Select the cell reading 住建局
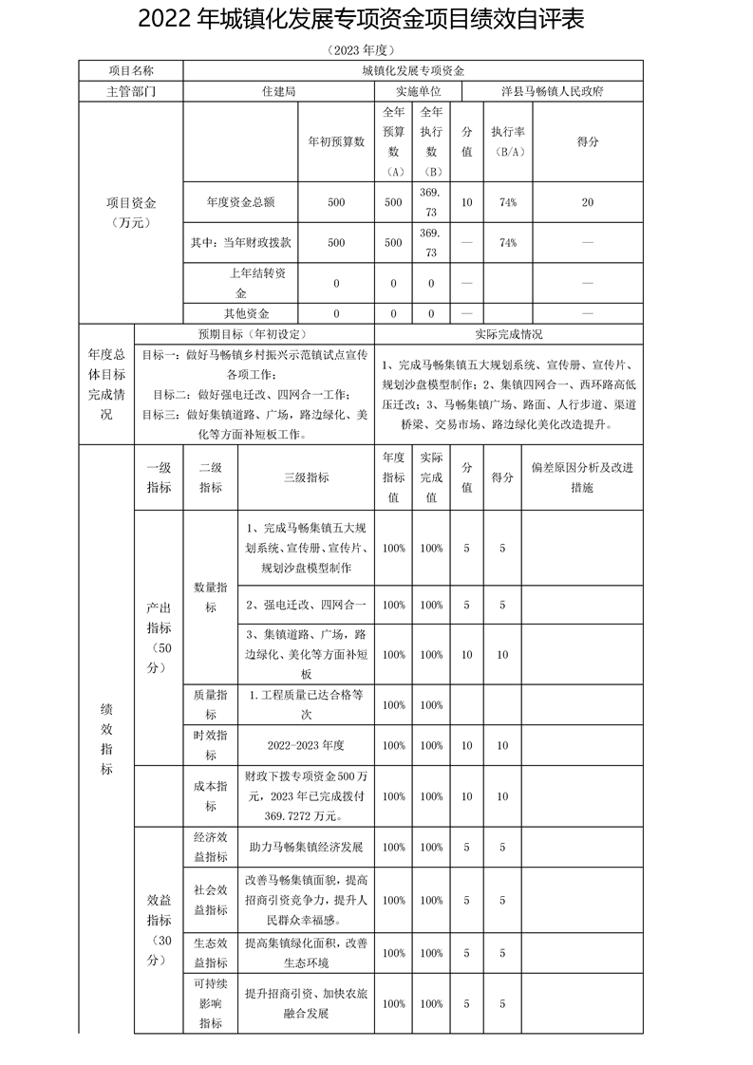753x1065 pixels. (278, 92)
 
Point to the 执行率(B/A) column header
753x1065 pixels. (502, 141)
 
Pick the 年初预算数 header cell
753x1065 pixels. (336, 141)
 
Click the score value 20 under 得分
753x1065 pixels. (587, 202)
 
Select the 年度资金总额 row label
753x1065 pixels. (239, 202)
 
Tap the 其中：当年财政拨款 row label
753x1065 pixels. (240, 242)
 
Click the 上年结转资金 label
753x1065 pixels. (240, 283)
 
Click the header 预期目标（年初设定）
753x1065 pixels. (254, 334)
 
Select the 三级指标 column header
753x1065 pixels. (306, 477)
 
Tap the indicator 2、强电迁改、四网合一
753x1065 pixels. (306, 605)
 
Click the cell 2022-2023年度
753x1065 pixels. (306, 745)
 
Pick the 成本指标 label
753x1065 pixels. (210, 796)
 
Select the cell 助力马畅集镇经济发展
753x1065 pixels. (306, 847)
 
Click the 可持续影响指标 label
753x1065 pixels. (210, 1003)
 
